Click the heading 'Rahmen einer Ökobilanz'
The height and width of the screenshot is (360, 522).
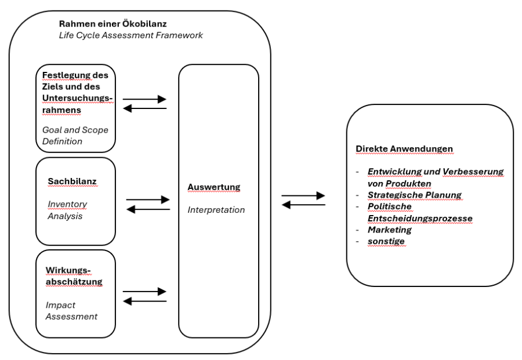coord(113,24)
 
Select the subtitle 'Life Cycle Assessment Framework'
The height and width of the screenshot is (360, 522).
coord(131,35)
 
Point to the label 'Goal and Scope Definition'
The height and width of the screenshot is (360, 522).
coord(75,136)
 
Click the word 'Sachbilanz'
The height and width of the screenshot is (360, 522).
coord(72,181)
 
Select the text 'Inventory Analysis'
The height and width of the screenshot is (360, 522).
coord(68,210)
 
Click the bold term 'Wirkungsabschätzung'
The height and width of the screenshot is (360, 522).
coord(74,276)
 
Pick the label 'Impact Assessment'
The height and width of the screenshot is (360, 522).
coord(71,311)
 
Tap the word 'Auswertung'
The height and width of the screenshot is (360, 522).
coord(213,187)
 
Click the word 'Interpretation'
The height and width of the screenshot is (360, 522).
coord(216,210)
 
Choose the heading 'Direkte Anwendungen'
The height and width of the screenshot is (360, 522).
coord(404,149)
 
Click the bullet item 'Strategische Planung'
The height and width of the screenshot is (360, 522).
coord(415,195)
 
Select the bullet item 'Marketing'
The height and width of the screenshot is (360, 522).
coord(390,230)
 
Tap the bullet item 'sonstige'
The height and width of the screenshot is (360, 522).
coord(386,241)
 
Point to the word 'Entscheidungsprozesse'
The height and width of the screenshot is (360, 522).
coord(420,219)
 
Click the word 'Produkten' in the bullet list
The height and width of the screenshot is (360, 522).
coord(408,183)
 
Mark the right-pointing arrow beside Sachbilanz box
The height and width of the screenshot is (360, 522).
coord(148,199)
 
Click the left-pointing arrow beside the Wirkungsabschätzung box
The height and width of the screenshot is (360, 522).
coord(145,301)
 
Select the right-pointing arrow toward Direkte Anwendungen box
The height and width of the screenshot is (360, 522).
coord(303,195)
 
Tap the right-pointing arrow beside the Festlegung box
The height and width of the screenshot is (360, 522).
coord(144,99)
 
